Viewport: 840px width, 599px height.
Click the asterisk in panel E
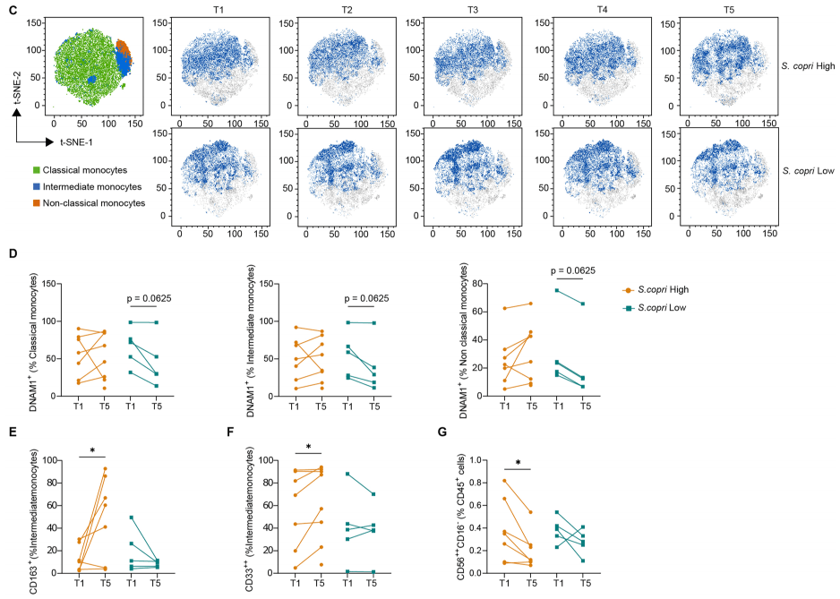coord(92,450)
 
